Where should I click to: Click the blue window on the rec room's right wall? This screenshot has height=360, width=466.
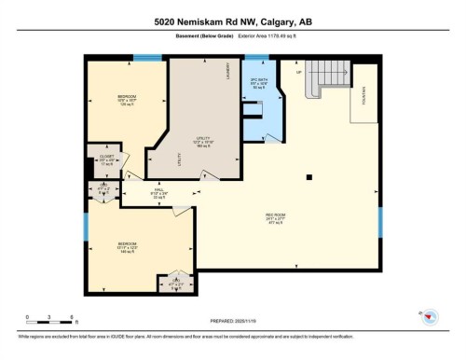click(x=379, y=221)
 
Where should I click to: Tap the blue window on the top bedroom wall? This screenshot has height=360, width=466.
click(x=144, y=58)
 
